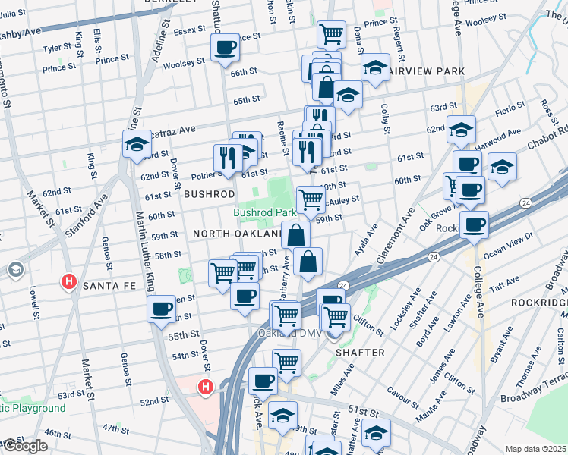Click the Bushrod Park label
tap(264, 214)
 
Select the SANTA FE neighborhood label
tap(109, 285)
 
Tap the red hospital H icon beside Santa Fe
tap(69, 283)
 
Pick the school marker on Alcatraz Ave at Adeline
tap(137, 143)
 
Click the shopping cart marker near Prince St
tap(331, 34)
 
